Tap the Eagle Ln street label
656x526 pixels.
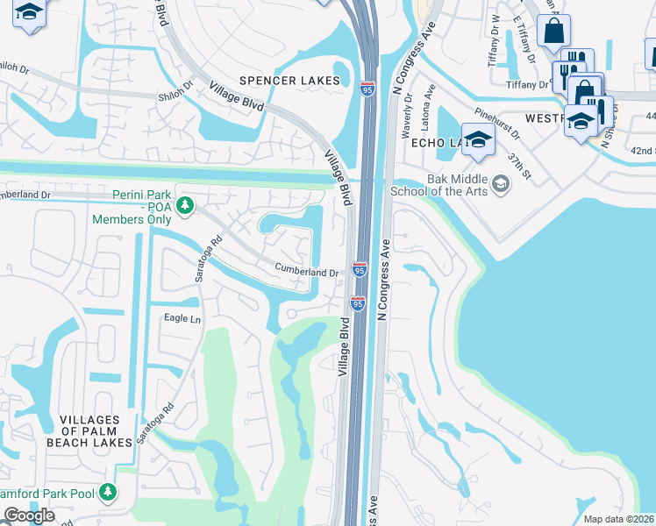(182, 318)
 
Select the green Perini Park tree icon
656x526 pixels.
(184, 205)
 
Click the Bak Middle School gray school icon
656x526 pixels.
(500, 183)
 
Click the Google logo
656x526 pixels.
(29, 516)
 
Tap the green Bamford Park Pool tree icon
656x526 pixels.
(108, 493)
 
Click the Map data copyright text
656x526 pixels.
(618, 519)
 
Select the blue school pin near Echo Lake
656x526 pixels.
(479, 141)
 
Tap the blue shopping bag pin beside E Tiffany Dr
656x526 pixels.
(553, 32)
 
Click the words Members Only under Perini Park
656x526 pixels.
(132, 219)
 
